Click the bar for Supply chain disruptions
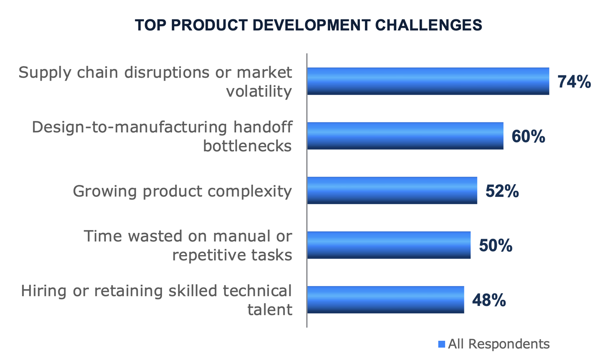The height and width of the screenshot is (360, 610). pos(428,81)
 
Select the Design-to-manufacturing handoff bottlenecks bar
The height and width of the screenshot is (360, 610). pos(405,136)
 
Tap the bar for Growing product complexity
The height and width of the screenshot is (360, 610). pos(392,190)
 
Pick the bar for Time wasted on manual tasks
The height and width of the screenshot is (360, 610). pos(389,245)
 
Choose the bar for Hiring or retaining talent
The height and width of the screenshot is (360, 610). pos(385,300)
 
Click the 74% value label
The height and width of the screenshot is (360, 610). pos(574,82)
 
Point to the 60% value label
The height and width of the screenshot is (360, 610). pos(528,137)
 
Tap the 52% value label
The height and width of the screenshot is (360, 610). pos(502,191)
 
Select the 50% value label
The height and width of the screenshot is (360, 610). pos(496,246)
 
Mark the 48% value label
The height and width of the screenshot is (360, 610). pos(489,301)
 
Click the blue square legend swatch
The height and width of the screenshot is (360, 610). pos(442,344)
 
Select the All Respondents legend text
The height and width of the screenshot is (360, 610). pos(499,344)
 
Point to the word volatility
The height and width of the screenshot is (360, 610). pos(259,91)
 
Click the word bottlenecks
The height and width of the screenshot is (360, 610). pos(248,146)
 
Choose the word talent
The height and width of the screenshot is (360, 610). pos(270,309)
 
